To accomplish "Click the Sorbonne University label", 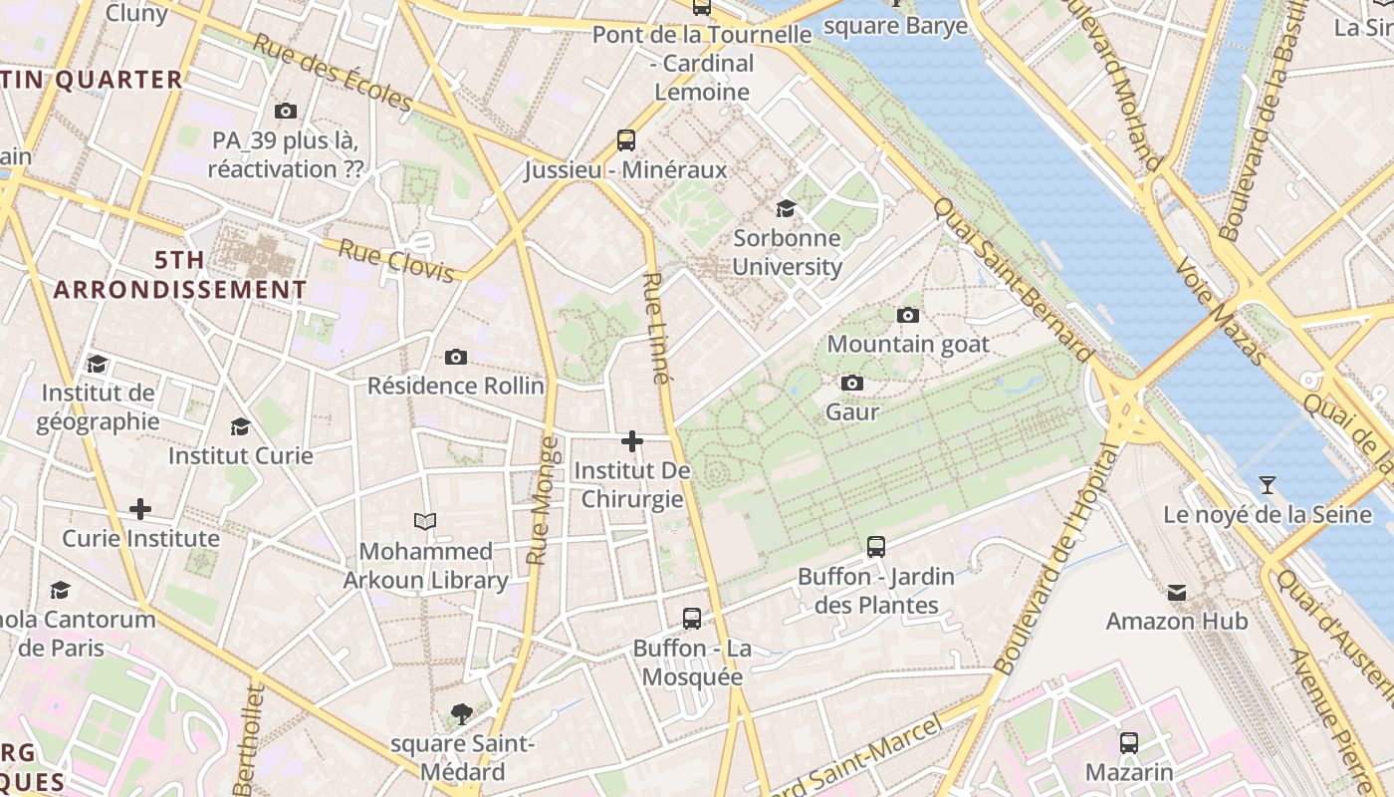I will pyautogui.click(x=787, y=253).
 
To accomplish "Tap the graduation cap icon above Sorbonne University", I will pyautogui.click(x=787, y=208).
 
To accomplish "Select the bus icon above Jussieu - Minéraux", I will pyautogui.click(x=626, y=140).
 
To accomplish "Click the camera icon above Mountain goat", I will pyautogui.click(x=908, y=316).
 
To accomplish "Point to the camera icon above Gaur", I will pyautogui.click(x=852, y=384).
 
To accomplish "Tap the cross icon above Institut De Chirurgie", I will pyautogui.click(x=632, y=441).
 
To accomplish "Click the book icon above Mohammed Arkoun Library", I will pyautogui.click(x=425, y=522).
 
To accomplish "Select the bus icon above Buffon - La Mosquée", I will pyautogui.click(x=692, y=619).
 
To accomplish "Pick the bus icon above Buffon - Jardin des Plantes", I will pyautogui.click(x=876, y=547).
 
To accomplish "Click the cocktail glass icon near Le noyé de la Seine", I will pyautogui.click(x=1267, y=486).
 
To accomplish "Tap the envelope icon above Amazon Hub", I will pyautogui.click(x=1177, y=593).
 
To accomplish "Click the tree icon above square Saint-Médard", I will pyautogui.click(x=461, y=713).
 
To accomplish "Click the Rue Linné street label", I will pyautogui.click(x=656, y=328).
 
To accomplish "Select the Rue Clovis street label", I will pyautogui.click(x=396, y=261).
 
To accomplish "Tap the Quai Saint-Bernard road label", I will pyautogui.click(x=1014, y=280).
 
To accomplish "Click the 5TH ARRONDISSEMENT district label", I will pyautogui.click(x=180, y=275).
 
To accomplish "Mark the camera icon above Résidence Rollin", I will pyautogui.click(x=456, y=358).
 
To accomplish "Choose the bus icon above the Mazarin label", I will pyautogui.click(x=1129, y=743).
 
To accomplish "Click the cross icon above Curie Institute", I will pyautogui.click(x=140, y=510).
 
